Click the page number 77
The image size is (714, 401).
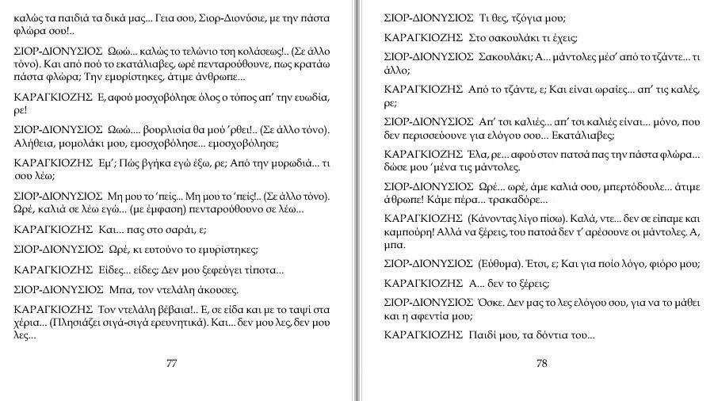[171, 364]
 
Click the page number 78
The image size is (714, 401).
[542, 364]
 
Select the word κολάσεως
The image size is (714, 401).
[254, 50]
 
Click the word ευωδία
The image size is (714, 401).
[309, 97]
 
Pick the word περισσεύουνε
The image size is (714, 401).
[428, 135]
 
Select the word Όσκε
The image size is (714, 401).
[493, 302]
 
